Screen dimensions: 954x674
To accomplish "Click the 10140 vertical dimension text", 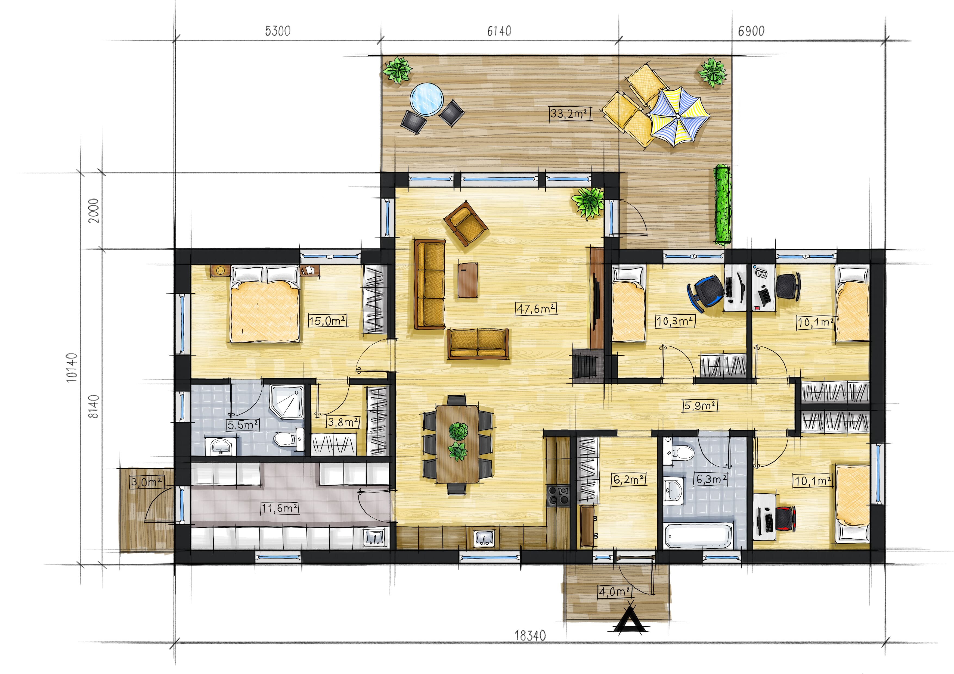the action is [x=72, y=367].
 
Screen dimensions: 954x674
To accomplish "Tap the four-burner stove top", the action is [x=558, y=495].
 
